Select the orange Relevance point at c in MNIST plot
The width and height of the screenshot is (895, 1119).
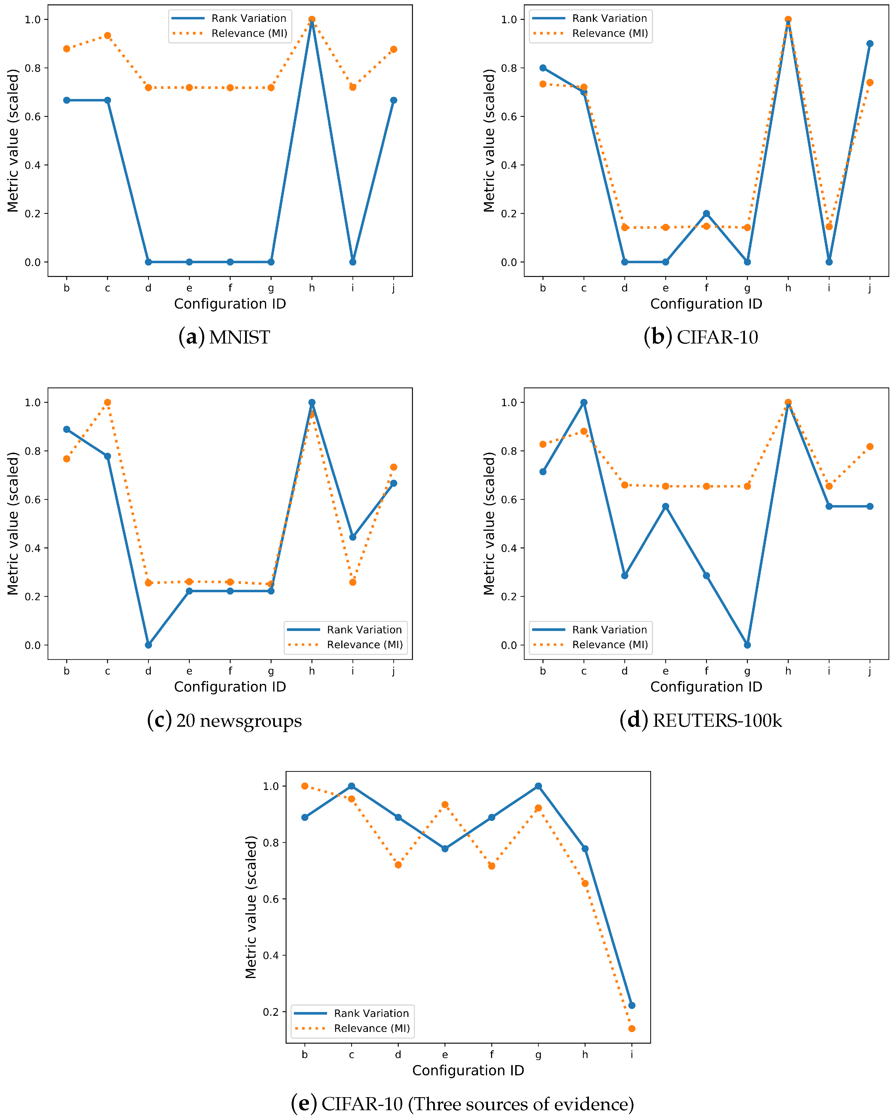(x=108, y=35)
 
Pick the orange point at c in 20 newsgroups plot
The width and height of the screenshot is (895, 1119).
(x=108, y=402)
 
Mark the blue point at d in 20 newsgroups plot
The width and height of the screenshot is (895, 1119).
(x=148, y=645)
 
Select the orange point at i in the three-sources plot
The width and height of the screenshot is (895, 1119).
(x=632, y=1028)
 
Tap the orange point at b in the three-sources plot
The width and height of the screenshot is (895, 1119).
(x=305, y=786)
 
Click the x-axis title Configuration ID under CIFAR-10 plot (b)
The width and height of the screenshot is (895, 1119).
(x=706, y=304)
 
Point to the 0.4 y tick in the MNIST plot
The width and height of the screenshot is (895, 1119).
(x=32, y=165)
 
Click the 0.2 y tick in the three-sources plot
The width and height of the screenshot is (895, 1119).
(x=270, y=1011)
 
